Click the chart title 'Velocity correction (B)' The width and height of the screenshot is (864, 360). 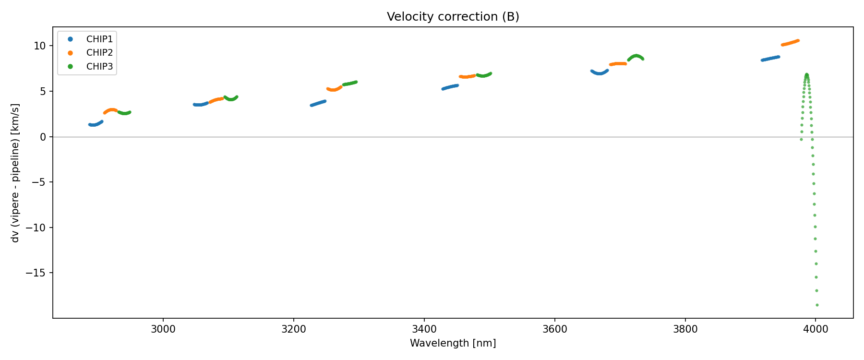pos(453,17)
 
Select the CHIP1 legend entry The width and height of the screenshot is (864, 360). pos(99,39)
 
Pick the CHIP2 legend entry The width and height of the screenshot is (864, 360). pos(99,53)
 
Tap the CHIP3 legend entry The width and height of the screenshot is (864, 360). pos(99,67)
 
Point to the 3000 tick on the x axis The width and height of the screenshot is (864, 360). pos(163,329)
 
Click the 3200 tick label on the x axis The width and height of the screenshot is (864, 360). pos(294,329)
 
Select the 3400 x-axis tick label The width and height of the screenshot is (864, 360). pos(424,329)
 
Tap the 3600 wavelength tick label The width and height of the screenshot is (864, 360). pos(555,329)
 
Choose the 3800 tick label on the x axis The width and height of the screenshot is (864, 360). pos(685,329)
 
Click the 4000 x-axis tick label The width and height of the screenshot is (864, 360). pos(816,329)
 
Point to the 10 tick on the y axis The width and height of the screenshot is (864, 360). pos(40,46)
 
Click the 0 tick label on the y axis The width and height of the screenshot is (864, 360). pos(43,137)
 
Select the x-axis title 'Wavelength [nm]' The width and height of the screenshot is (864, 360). pos(453,343)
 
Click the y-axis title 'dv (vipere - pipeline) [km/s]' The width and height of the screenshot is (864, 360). pos(15,173)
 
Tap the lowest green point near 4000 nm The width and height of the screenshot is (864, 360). pos(817,305)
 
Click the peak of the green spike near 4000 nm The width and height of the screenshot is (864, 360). pos(807,74)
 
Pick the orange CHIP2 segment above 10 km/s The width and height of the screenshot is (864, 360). pos(790,43)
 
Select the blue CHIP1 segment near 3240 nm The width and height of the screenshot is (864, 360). pos(318,103)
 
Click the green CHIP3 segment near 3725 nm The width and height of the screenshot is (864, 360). pos(636,56)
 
